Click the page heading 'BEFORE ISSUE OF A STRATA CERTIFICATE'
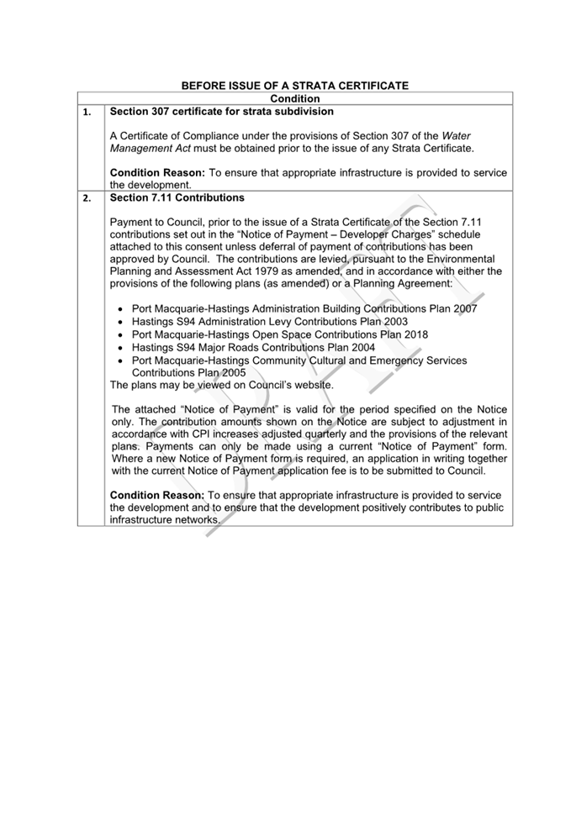[295, 86]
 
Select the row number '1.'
[87, 112]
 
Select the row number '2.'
[87, 199]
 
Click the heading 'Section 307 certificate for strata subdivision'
[222, 111]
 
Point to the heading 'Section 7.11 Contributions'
[177, 198]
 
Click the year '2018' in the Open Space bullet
[413, 334]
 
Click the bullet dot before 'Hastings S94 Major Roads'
[123, 347]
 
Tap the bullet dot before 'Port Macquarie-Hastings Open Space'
[123, 334]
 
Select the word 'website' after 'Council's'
[311, 385]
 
